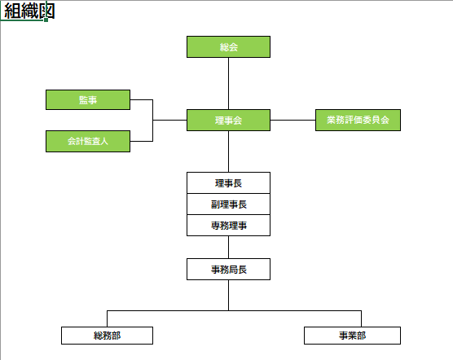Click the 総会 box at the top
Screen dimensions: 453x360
pyautogui.click(x=228, y=46)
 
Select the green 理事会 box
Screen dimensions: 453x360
pyautogui.click(x=228, y=120)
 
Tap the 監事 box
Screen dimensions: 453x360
pyautogui.click(x=88, y=100)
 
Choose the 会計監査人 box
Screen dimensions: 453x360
pyautogui.click(x=88, y=141)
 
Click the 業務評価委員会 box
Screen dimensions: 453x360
pyautogui.click(x=358, y=120)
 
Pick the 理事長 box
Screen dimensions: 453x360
pyautogui.click(x=228, y=183)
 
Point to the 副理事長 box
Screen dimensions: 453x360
pyautogui.click(x=228, y=204)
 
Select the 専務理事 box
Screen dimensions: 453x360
pyautogui.click(x=228, y=226)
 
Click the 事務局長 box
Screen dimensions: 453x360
pyautogui.click(x=228, y=270)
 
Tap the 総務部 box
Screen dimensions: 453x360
pyautogui.click(x=107, y=336)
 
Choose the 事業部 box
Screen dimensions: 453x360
pyautogui.click(x=352, y=336)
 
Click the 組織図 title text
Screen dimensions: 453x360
pyautogui.click(x=29, y=11)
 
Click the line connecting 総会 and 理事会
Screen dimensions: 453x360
pyautogui.click(x=228, y=83)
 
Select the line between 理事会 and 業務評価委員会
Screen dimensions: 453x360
pyautogui.click(x=292, y=120)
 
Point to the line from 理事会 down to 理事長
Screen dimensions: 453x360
pyautogui.click(x=228, y=151)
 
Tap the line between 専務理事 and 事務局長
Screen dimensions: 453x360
pyautogui.click(x=228, y=247)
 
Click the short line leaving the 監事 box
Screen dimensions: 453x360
pyautogui.click(x=141, y=100)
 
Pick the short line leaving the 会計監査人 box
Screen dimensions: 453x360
pyautogui.click(x=141, y=141)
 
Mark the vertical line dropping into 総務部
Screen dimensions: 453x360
pyautogui.click(x=107, y=318)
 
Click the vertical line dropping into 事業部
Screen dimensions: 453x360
pyautogui.click(x=361, y=318)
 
